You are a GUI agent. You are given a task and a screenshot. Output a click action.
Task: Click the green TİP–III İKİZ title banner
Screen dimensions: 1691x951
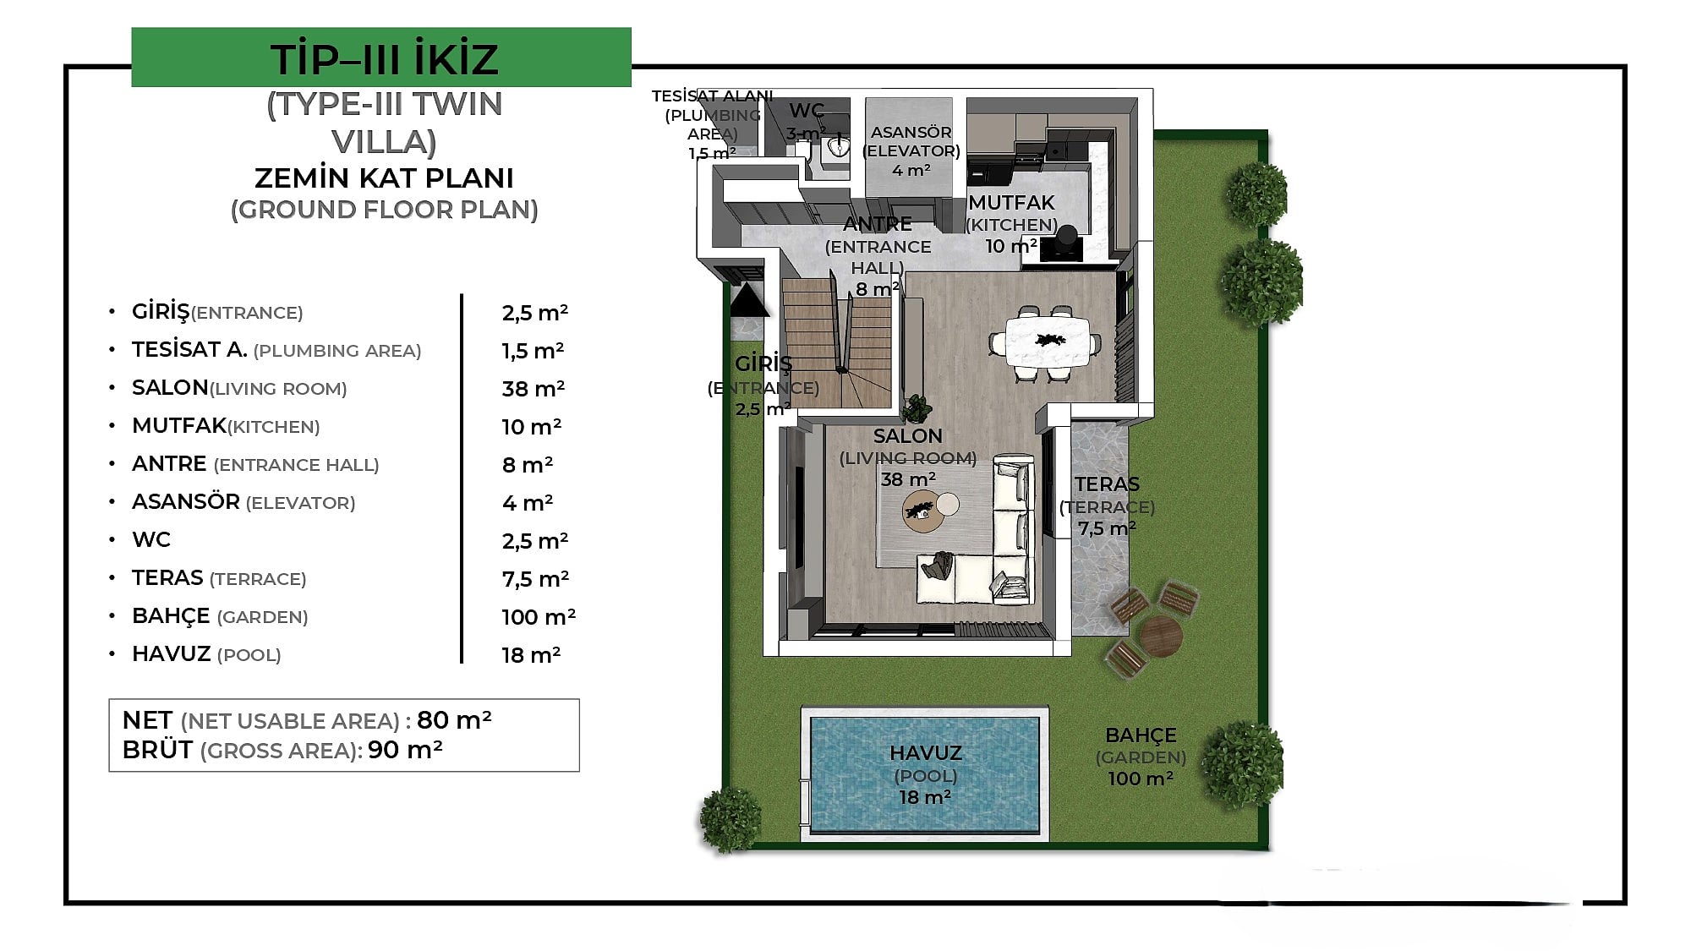click(381, 57)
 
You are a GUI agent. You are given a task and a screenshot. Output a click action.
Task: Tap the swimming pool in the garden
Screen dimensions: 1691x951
click(925, 774)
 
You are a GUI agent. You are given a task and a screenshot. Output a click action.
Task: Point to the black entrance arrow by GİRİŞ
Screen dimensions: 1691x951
click(747, 299)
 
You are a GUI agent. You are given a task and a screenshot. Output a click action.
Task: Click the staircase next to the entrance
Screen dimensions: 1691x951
click(836, 342)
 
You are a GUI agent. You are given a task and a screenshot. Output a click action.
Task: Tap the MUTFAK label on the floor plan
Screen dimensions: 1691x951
click(1011, 203)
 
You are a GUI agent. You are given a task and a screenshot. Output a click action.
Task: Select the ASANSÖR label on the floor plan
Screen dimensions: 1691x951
click(911, 133)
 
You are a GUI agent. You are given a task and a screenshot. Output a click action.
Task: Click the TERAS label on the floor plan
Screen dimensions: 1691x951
click(1107, 484)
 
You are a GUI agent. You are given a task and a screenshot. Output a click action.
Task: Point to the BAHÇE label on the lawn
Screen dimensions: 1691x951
click(1141, 735)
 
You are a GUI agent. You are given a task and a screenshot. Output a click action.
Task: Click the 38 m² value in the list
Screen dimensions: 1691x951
click(533, 389)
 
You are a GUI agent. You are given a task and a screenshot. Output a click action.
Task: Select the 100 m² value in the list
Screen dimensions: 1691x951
click(539, 617)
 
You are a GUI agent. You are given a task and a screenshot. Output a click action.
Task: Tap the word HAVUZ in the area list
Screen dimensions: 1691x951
click(171, 653)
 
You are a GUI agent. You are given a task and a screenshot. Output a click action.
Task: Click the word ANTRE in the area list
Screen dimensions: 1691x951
click(169, 463)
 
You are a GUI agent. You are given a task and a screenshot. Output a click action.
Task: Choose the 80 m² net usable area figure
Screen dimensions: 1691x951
click(454, 719)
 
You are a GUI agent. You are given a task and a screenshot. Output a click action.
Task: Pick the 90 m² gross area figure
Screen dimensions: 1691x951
click(405, 750)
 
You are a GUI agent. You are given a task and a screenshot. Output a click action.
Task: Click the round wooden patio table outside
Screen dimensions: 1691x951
click(1160, 637)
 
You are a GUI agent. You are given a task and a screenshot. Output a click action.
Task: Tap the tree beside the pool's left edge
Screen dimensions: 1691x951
click(730, 819)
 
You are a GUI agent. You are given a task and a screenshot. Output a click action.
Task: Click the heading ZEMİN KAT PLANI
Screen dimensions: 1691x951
click(384, 178)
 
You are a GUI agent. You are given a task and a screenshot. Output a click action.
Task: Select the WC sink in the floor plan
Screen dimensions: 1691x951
click(837, 148)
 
